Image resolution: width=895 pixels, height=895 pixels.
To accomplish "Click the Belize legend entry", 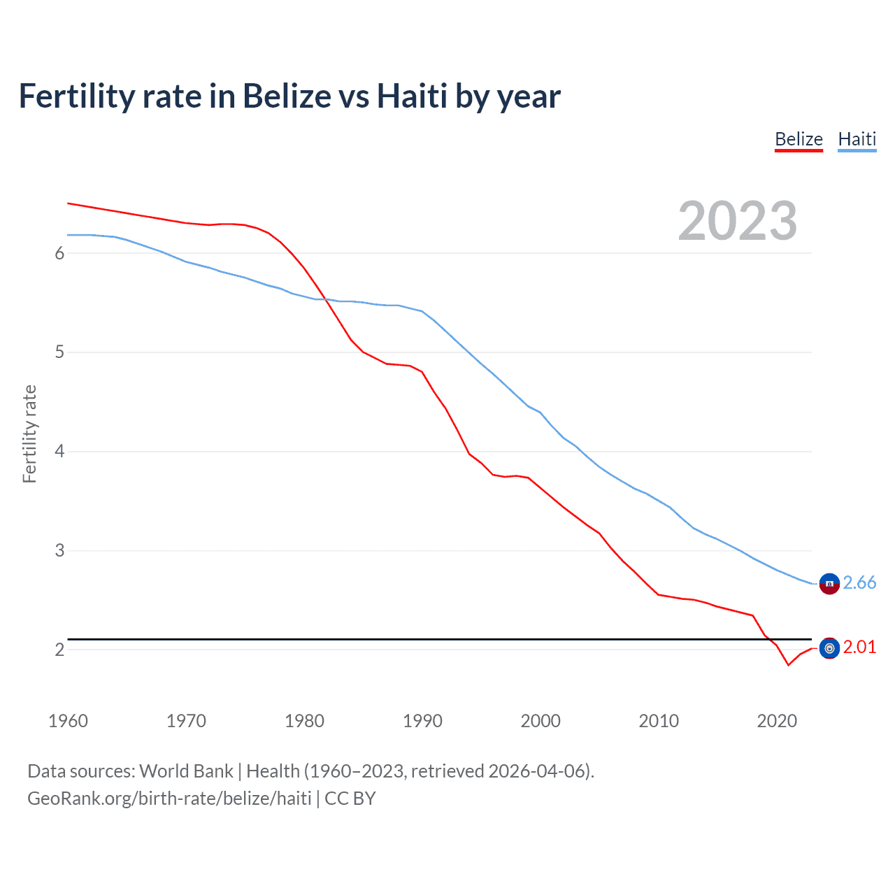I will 799,139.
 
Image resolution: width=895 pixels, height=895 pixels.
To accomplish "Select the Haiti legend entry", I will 857,139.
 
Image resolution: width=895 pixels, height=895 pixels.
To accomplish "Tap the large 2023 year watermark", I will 737,221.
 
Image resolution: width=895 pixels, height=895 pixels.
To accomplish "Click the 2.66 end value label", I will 859,582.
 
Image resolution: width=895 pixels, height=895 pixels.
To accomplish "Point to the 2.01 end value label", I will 859,647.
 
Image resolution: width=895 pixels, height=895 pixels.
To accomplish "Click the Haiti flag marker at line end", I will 829,583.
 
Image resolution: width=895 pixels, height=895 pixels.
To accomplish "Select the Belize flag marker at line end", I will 829,648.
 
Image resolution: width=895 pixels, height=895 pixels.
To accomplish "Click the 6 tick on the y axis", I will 59,253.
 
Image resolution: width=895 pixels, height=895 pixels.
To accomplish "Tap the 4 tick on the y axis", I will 59,452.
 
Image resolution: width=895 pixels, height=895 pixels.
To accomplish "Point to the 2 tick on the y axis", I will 59,650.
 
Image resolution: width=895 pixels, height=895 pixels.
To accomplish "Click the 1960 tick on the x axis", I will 68,721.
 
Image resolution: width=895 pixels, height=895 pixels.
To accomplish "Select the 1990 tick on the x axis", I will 422,721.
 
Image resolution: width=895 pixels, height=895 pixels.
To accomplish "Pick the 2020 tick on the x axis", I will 777,721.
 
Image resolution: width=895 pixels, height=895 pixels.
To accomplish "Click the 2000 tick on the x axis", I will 540,721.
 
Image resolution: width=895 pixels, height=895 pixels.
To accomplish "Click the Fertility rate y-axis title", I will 29,434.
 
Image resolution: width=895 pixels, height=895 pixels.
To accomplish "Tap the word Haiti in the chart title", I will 412,96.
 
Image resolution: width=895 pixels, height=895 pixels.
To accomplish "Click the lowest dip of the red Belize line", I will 788,665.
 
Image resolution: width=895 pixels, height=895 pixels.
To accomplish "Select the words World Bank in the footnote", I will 186,771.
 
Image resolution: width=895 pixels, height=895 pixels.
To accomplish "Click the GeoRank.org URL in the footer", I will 169,799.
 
